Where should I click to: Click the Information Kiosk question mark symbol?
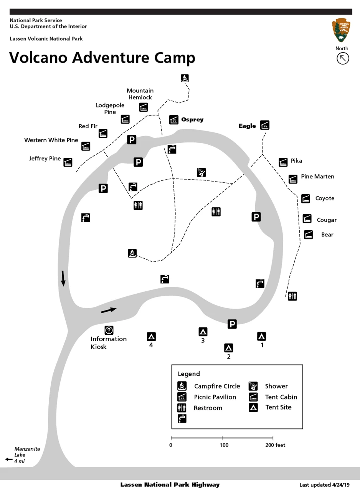coord(109,330)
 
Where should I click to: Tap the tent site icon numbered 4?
coord(151,337)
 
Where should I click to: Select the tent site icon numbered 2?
coord(229,348)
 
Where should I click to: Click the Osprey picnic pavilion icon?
coord(173,120)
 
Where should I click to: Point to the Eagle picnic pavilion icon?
coord(264,125)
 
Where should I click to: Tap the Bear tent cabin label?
coord(327,235)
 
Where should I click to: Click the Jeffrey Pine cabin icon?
coord(68,162)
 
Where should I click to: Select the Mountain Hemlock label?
coord(140,94)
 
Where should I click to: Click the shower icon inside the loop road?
coord(201,172)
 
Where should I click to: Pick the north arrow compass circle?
coord(343,58)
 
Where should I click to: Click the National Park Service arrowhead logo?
coord(341,30)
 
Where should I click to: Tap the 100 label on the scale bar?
coord(224,445)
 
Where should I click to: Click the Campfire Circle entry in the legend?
coord(217,386)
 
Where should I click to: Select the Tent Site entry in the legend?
coord(278,407)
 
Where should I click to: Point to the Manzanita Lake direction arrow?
coord(9,459)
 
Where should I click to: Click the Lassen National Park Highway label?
coord(170,485)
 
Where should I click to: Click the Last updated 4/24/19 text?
coord(324,485)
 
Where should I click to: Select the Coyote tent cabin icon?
coord(306,198)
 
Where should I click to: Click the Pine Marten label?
coord(317,177)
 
